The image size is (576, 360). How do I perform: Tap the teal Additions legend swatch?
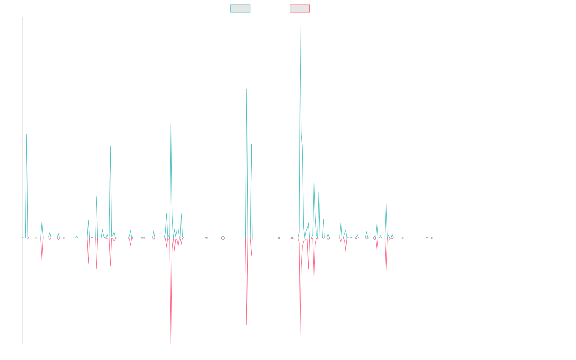(x=240, y=9)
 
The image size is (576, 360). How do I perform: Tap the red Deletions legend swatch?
(x=300, y=9)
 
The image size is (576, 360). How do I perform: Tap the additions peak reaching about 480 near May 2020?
(x=247, y=89)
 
